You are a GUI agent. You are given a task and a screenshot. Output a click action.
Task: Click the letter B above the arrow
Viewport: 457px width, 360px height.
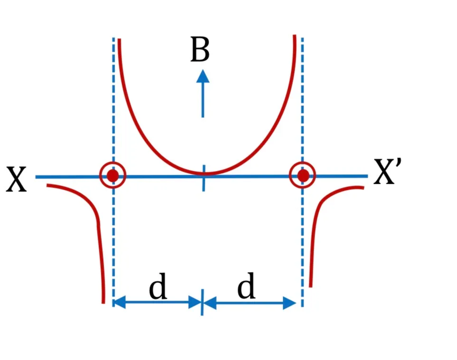click(x=200, y=49)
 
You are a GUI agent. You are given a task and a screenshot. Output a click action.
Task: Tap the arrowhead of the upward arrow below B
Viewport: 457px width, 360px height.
click(x=203, y=76)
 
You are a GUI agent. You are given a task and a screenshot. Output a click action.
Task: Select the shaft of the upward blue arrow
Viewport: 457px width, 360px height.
click(x=203, y=100)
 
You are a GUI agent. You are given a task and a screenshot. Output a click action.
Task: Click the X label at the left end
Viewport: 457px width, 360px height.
click(x=16, y=179)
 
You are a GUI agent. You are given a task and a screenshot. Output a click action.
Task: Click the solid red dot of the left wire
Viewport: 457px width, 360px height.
click(x=113, y=175)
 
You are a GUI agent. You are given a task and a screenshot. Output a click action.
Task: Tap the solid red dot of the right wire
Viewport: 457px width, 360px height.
click(x=303, y=175)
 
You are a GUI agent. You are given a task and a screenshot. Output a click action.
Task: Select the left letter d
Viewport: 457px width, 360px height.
click(x=158, y=286)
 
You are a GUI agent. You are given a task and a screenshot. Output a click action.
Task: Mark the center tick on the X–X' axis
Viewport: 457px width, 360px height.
click(x=204, y=178)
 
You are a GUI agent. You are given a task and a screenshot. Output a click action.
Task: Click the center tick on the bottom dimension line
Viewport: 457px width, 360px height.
click(x=202, y=302)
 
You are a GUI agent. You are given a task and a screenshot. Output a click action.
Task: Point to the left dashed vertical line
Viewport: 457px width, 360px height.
click(x=114, y=172)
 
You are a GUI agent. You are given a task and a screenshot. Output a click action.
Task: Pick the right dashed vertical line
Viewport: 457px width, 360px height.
click(x=302, y=172)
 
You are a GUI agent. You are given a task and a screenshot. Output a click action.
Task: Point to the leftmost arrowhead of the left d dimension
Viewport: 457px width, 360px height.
click(x=119, y=302)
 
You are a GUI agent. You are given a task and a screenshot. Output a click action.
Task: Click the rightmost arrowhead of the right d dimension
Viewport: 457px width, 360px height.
click(x=290, y=303)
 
